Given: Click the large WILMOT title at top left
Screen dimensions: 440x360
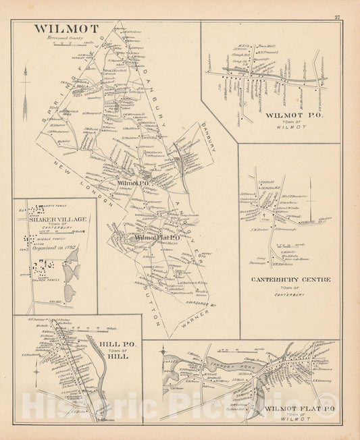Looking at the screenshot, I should [x=66, y=29].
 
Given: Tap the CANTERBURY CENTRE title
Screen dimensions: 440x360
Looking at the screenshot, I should [x=290, y=279].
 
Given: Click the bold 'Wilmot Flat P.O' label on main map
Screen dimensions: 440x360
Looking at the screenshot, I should [x=155, y=238].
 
